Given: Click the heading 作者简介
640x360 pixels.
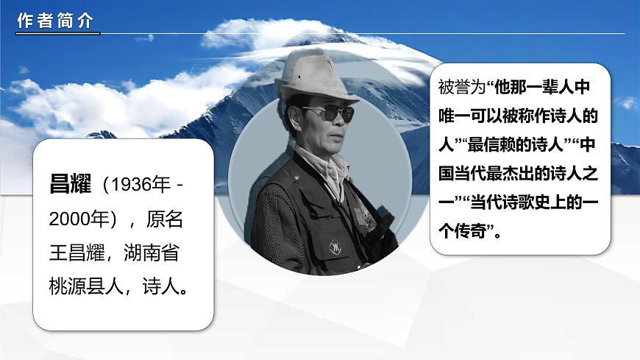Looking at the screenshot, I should coord(55,22).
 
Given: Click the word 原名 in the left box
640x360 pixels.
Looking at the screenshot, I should coord(165,219).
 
